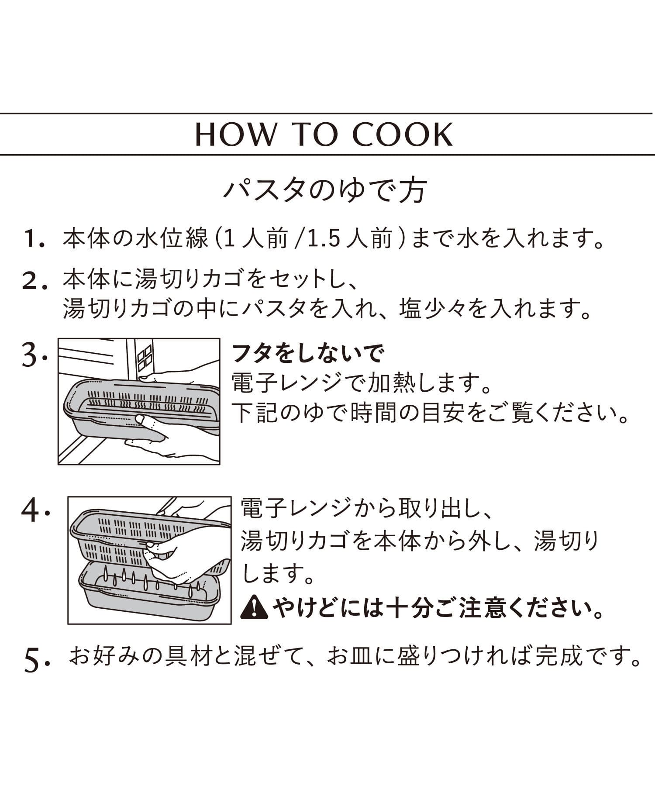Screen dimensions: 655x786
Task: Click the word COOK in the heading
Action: pyautogui.click(x=402, y=134)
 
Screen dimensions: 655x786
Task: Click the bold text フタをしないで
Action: pyautogui.click(x=307, y=354)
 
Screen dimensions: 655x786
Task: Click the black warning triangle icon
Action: pyautogui.click(x=255, y=607)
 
